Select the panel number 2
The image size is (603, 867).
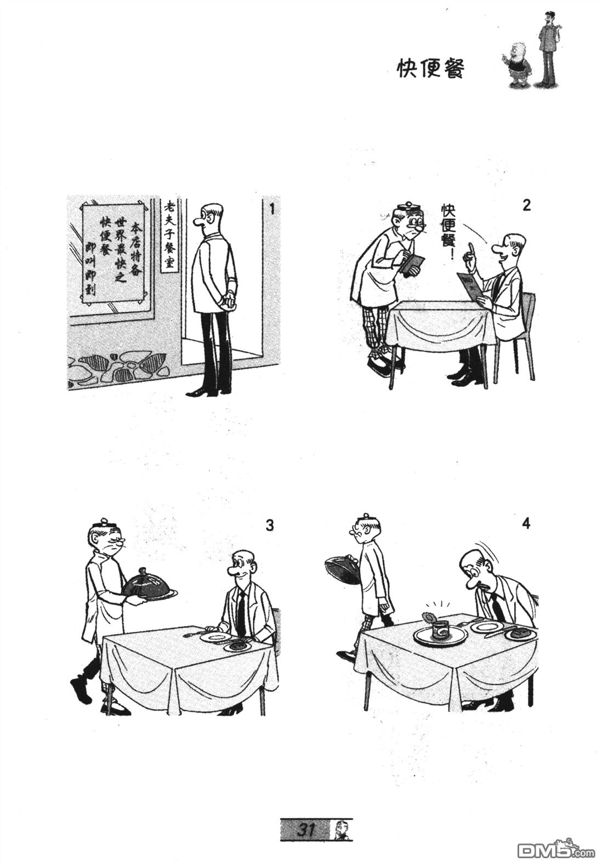tap(526, 206)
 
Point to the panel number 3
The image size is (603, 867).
tap(270, 526)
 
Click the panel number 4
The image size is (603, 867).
tap(526, 523)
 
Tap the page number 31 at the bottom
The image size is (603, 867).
tap(306, 831)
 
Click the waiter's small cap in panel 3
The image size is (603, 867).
tap(104, 523)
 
